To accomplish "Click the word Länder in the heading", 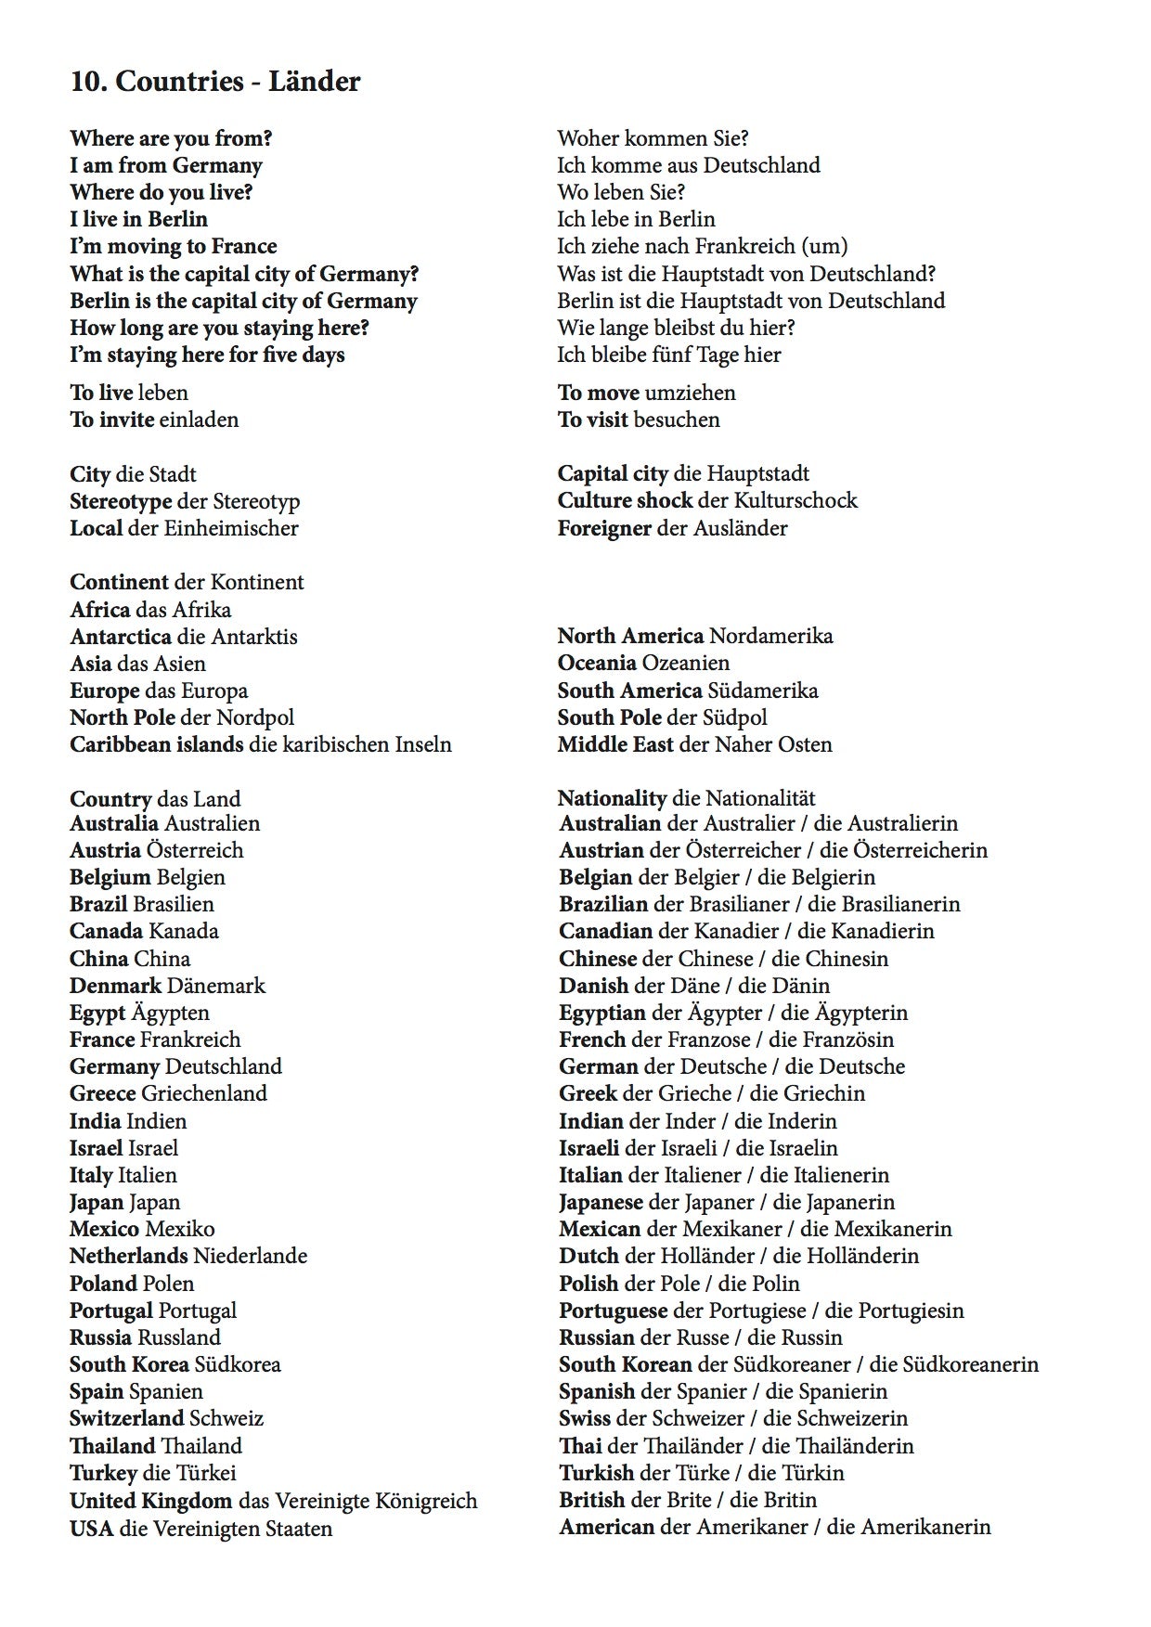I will click(x=314, y=82).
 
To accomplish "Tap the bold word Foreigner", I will click(x=604, y=528).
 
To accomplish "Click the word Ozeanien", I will click(x=685, y=663).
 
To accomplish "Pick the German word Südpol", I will click(x=735, y=717).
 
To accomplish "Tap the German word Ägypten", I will click(x=170, y=1013).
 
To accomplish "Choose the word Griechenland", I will click(x=204, y=1093).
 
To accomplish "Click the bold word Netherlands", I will click(x=128, y=1256).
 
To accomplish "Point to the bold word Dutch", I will click(x=588, y=1256).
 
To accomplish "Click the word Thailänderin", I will click(x=855, y=1446).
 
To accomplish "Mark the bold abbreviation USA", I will click(x=91, y=1529).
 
